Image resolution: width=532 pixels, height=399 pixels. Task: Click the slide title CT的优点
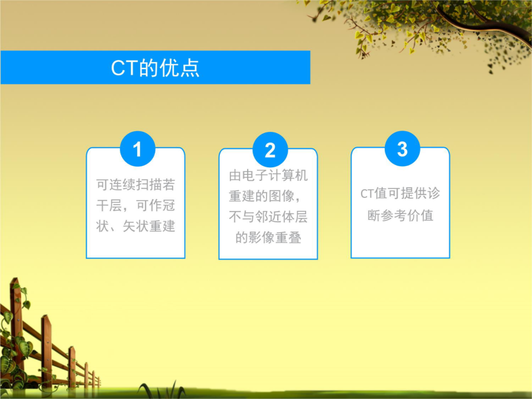pyautogui.click(x=155, y=67)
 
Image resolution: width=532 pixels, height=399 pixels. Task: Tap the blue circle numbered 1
pyautogui.click(x=137, y=148)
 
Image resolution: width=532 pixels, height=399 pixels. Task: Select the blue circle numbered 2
pyautogui.click(x=270, y=150)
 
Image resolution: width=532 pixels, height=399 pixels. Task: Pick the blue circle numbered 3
pyautogui.click(x=403, y=148)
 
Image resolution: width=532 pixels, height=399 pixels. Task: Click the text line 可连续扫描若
pyautogui.click(x=135, y=185)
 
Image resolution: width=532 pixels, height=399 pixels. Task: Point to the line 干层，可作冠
pyautogui.click(x=135, y=206)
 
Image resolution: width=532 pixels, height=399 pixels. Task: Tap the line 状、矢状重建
pyautogui.click(x=135, y=226)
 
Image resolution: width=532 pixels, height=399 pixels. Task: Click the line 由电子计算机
pyautogui.click(x=268, y=176)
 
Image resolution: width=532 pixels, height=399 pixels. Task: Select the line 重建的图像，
pyautogui.click(x=265, y=196)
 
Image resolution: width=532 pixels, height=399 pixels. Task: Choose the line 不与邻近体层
pyautogui.click(x=268, y=217)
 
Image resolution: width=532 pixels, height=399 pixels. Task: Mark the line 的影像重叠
pyautogui.click(x=268, y=238)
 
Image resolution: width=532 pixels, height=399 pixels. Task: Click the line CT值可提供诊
pyautogui.click(x=400, y=193)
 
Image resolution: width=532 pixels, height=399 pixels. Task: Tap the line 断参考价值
pyautogui.click(x=400, y=215)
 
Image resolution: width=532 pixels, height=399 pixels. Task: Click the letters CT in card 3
pyautogui.click(x=366, y=194)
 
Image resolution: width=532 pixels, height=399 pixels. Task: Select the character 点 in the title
pyautogui.click(x=189, y=68)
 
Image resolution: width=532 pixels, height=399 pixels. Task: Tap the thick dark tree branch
pyautogui.click(x=485, y=20)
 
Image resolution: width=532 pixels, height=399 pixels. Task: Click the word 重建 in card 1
pyautogui.click(x=162, y=226)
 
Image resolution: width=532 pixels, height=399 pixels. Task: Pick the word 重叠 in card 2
pyautogui.click(x=288, y=238)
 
